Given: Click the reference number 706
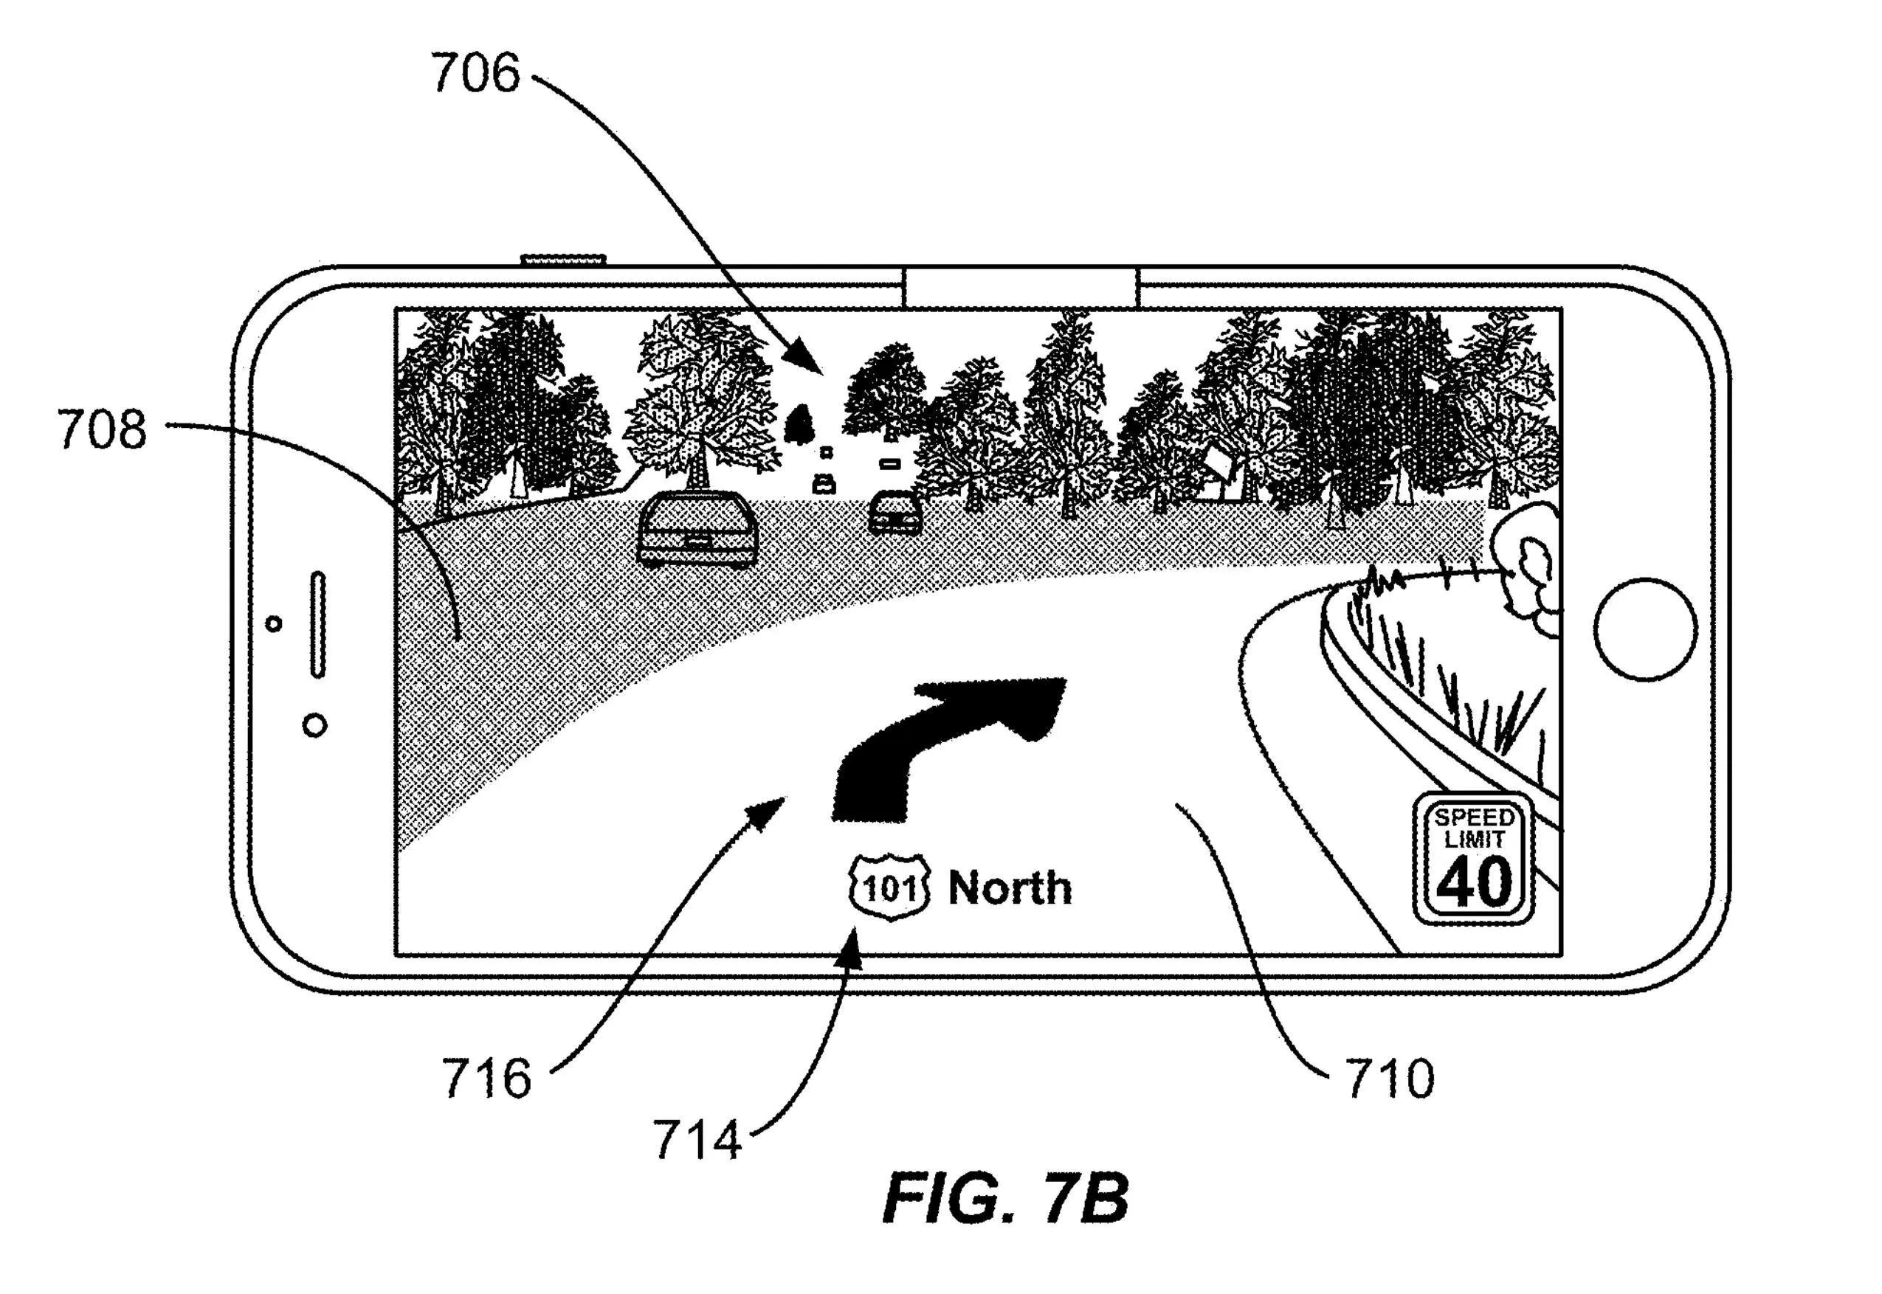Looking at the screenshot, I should pyautogui.click(x=475, y=73).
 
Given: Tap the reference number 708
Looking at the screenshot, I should pyautogui.click(x=102, y=429).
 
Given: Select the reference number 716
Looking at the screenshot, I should pyautogui.click(x=486, y=1079).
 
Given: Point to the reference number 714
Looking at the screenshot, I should pyautogui.click(x=697, y=1140).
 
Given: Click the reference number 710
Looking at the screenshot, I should pyautogui.click(x=1390, y=1079).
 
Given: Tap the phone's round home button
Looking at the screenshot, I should pyautogui.click(x=1644, y=629).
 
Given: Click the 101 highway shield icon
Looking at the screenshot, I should pyautogui.click(x=889, y=887).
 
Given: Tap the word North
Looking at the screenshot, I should pyautogui.click(x=1010, y=887).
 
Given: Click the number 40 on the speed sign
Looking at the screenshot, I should pyautogui.click(x=1474, y=882).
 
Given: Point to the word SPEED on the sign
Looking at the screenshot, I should pyautogui.click(x=1474, y=817).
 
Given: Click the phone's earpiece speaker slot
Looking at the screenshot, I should pyautogui.click(x=319, y=624).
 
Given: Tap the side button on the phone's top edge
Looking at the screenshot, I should pyautogui.click(x=564, y=260).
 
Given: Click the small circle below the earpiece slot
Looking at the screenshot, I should pyautogui.click(x=314, y=725).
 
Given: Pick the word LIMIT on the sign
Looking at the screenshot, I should pyautogui.click(x=1474, y=839).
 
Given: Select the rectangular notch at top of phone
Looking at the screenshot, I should pyautogui.click(x=1021, y=288).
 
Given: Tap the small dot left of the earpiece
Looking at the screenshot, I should pyautogui.click(x=274, y=623).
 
